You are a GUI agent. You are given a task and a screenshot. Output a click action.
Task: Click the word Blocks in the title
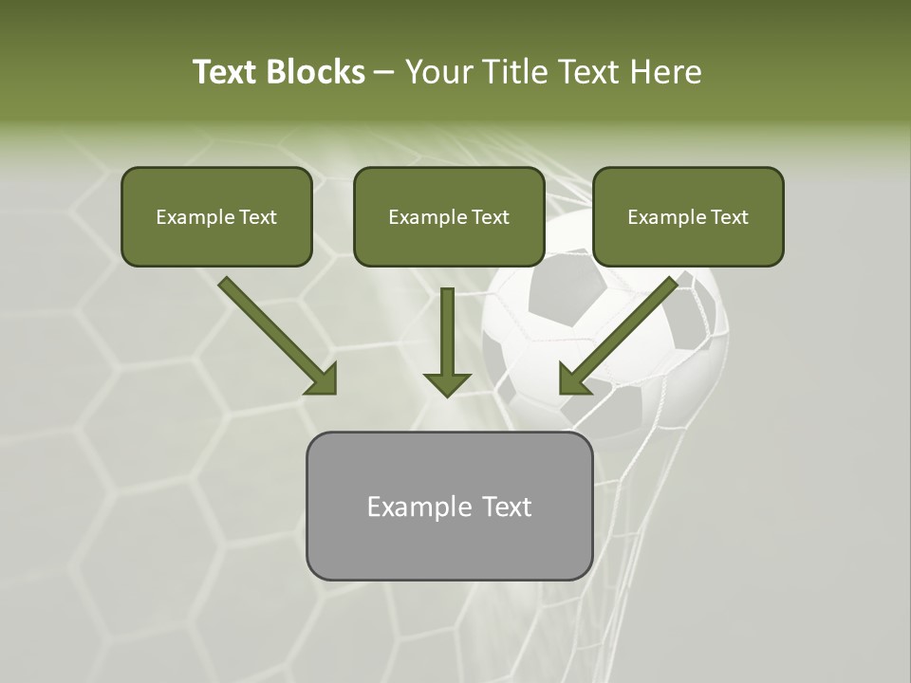[x=315, y=72]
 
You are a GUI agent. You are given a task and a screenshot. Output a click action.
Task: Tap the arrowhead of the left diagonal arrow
[x=323, y=379]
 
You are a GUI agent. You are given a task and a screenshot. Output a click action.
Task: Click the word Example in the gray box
[x=414, y=507]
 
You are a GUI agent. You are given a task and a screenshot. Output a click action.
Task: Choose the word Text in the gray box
[x=507, y=507]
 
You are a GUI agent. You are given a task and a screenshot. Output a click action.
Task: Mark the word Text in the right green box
[x=729, y=217]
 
